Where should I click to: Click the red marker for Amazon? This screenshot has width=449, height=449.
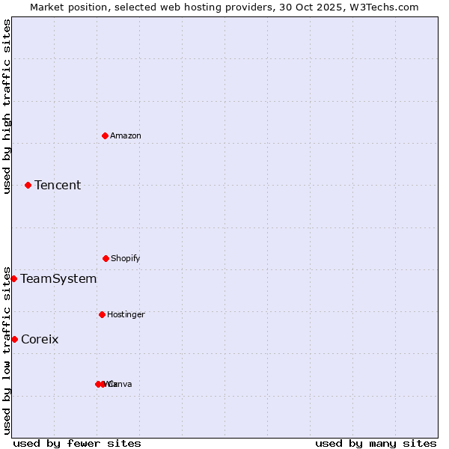pos(105,135)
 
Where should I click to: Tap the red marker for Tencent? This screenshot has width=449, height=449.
pos(28,185)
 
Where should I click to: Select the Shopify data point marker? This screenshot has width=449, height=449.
pos(106,258)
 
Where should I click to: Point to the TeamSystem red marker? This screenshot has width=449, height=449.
pos(13,278)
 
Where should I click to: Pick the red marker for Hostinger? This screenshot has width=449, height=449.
pos(102,314)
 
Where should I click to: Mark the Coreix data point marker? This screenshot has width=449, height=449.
pos(14,339)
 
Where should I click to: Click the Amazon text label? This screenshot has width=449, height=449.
pos(126,135)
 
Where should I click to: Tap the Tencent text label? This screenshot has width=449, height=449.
pos(58,185)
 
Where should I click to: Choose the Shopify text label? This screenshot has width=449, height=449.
pos(126,258)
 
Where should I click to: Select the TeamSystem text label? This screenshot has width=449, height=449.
pos(58,278)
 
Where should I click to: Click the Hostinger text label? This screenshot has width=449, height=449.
pos(126,314)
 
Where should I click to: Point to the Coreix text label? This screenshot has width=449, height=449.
pos(40,339)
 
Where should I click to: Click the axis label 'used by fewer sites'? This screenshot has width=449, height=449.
pos(77,443)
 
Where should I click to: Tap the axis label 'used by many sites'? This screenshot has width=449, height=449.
pos(376,443)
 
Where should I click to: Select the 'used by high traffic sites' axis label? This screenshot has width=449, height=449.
pos(7,106)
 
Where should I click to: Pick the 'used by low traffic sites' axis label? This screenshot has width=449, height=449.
pos(7,349)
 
